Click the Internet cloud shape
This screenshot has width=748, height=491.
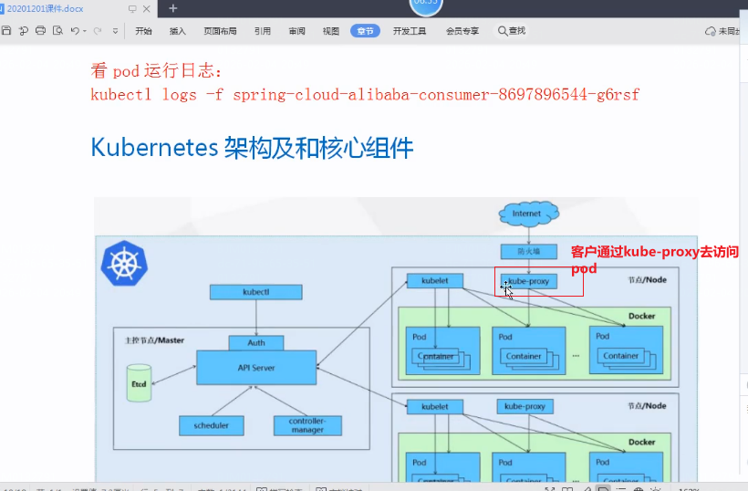pos(525,214)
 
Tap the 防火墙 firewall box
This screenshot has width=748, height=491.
pos(527,251)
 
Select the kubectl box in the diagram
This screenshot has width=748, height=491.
pos(255,292)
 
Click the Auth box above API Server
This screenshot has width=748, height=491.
pos(256,343)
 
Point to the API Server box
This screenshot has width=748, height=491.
pos(256,368)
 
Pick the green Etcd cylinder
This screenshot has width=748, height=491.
pos(139,383)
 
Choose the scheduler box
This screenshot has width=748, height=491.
pos(212,425)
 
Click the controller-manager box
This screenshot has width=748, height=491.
pos(307,425)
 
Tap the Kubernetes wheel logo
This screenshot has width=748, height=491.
pos(121,264)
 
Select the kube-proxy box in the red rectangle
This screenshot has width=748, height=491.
pos(528,281)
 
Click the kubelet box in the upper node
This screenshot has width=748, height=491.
pos(434,281)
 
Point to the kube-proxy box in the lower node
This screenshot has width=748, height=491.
pos(525,406)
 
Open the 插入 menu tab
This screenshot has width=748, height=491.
pos(177,31)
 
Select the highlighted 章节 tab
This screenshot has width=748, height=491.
pos(365,31)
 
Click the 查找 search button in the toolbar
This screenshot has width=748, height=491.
pos(512,31)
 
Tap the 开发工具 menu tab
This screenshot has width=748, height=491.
pos(410,31)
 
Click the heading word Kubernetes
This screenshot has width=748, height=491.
pos(153,147)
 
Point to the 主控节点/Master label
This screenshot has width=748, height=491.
pos(154,340)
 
